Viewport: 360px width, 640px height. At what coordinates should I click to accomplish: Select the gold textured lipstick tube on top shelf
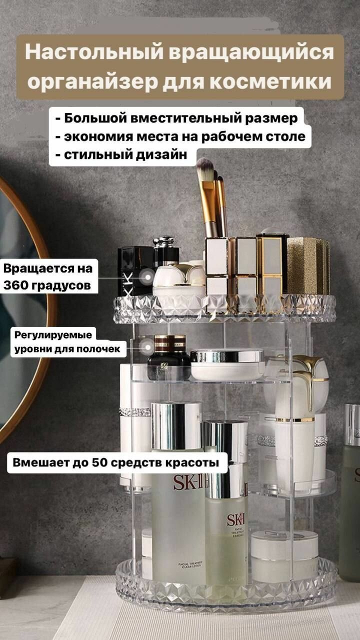pyautogui.click(x=307, y=265)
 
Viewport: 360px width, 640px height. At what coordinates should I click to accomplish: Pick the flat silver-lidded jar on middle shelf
pyautogui.click(x=227, y=364)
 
